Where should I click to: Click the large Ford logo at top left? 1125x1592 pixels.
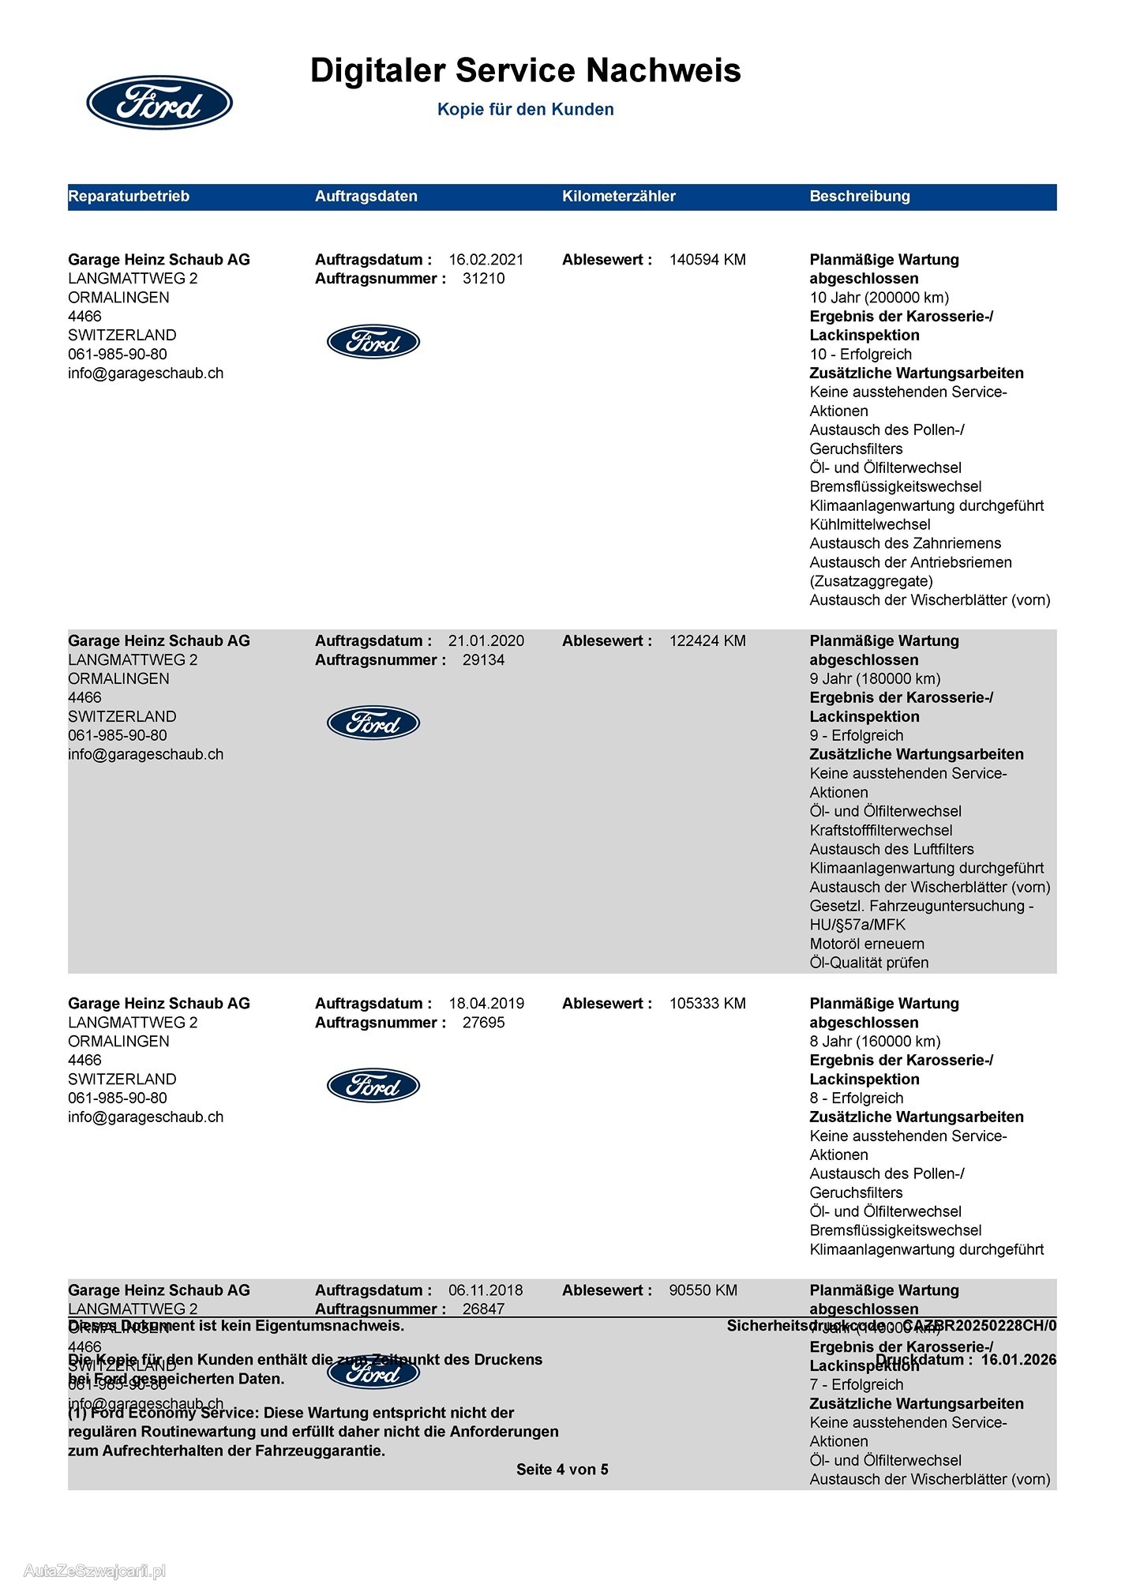(x=159, y=103)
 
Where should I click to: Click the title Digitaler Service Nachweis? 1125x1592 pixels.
(x=525, y=70)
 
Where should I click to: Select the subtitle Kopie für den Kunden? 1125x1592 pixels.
(x=525, y=110)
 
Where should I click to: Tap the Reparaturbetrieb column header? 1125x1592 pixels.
(x=129, y=197)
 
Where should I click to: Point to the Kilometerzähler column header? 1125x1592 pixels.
(x=618, y=197)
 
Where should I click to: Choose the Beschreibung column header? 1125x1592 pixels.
(x=859, y=197)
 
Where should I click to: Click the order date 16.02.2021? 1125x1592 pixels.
(x=486, y=260)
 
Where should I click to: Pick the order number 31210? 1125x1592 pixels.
(x=483, y=279)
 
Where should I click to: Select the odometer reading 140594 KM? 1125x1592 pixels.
(x=707, y=260)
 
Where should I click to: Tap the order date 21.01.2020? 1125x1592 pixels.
(x=486, y=641)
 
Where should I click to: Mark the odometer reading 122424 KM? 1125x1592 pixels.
(x=707, y=641)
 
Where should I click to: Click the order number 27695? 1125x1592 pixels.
(x=483, y=1023)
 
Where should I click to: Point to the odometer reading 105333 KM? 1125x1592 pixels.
(x=707, y=1004)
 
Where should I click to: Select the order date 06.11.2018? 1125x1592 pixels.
(x=486, y=1290)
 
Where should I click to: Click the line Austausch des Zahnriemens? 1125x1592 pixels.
(x=905, y=543)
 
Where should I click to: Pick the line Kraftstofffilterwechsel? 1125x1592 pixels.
(x=880, y=831)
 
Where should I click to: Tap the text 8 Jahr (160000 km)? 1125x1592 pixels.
(x=875, y=1042)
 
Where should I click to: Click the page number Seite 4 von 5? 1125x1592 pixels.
(x=562, y=1470)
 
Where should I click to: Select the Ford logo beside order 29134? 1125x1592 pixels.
(x=373, y=723)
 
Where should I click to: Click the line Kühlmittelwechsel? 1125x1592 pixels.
(x=869, y=524)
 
